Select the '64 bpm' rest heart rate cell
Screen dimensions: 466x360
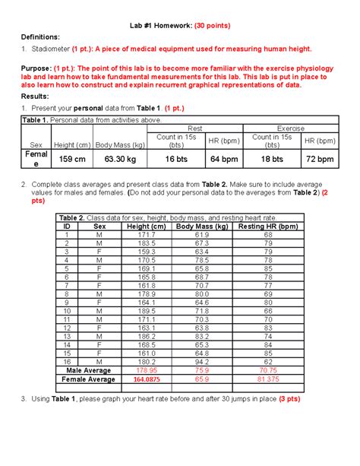point(225,160)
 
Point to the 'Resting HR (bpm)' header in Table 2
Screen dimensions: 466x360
point(267,227)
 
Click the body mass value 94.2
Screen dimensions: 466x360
point(202,362)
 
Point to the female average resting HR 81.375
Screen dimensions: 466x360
point(267,379)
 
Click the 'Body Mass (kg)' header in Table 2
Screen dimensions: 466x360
point(201,227)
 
